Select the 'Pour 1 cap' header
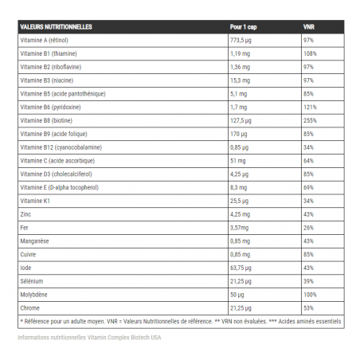pos(243,26)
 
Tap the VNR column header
pos(309,26)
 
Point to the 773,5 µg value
pos(241,39)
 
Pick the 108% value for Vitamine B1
pos(311,53)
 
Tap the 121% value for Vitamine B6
pos(311,107)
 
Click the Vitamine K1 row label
pos(35,201)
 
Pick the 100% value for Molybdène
pos(311,295)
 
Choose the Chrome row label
pos(30,308)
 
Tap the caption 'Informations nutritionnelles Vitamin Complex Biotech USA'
pos(89,337)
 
